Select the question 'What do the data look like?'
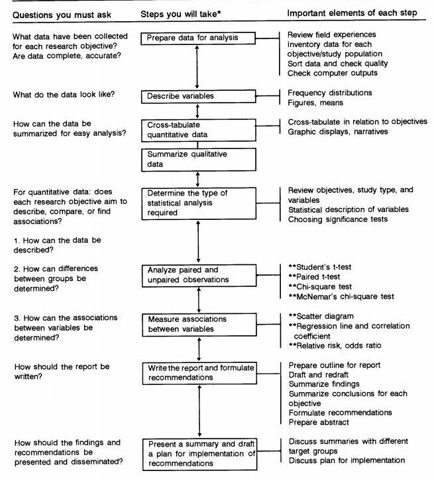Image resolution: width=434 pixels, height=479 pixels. (x=64, y=93)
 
